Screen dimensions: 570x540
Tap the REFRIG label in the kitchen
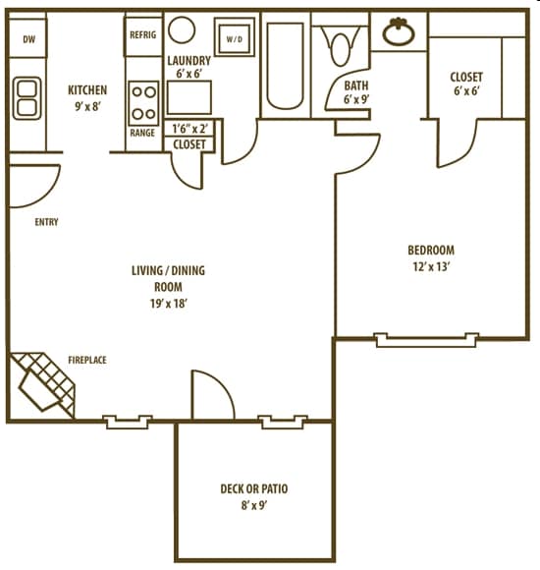click(x=142, y=34)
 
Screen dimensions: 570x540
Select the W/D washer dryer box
click(x=235, y=39)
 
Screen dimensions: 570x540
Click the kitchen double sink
click(x=27, y=98)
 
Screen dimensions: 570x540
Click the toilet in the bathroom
click(x=341, y=48)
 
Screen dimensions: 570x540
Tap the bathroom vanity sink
click(x=399, y=32)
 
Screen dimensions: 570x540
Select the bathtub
click(x=286, y=65)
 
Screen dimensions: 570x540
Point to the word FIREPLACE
click(x=87, y=361)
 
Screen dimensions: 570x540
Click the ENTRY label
click(x=46, y=222)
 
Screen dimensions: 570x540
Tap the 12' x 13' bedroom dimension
click(x=432, y=266)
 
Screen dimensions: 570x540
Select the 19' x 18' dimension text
click(x=168, y=303)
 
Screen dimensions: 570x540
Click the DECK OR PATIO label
click(x=254, y=488)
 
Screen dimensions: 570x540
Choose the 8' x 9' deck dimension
click(x=254, y=506)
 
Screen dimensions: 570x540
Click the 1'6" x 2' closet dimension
click(x=189, y=129)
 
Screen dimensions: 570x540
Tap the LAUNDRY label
click(x=189, y=60)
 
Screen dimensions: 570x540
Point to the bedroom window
click(x=427, y=340)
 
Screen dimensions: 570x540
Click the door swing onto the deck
click(x=211, y=397)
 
